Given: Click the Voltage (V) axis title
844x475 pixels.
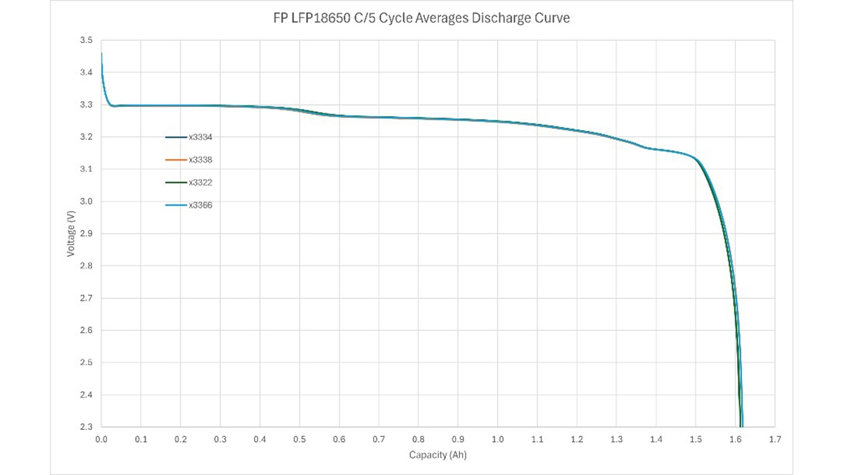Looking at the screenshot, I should pos(71,234).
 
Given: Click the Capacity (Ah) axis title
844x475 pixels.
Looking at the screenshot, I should pos(437,455).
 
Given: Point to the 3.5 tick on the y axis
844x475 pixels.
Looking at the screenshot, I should pos(87,41).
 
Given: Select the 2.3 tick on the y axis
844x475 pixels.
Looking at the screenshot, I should pos(87,427).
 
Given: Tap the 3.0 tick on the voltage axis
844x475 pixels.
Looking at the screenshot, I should pos(87,202).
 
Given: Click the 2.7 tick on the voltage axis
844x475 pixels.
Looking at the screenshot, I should pos(87,298).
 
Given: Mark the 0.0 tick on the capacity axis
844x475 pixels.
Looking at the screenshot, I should pos(101,438).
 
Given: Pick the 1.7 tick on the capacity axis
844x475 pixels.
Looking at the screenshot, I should pos(774,438).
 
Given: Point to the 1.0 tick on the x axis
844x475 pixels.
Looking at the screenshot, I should pos(497,438).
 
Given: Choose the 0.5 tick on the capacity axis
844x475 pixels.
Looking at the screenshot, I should pos(300,438).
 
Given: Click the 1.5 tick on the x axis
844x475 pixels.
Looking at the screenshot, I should pos(696,438).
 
